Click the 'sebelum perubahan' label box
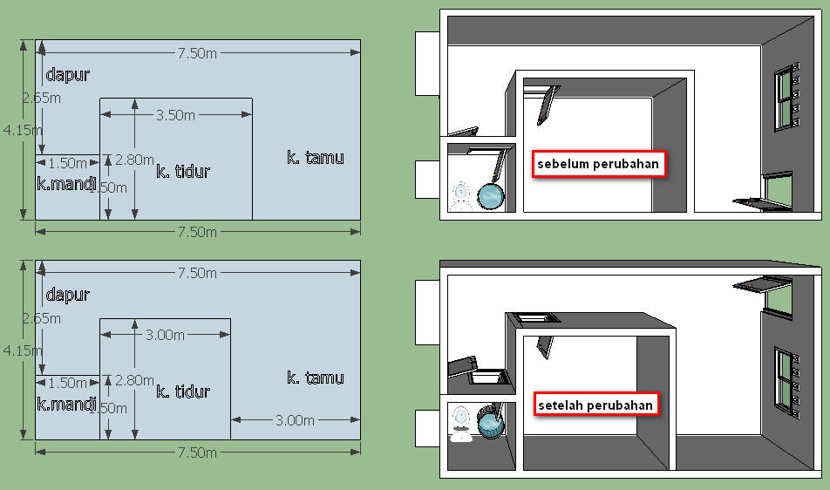(599, 163)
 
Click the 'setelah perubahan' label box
(595, 405)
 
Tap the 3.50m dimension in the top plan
(175, 115)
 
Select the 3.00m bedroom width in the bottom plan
(165, 335)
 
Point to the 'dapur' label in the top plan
(68, 75)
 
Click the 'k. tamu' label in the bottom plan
(316, 378)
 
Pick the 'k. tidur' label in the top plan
(183, 171)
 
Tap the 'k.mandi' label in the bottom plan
(66, 404)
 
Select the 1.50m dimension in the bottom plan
(67, 383)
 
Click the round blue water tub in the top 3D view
(491, 196)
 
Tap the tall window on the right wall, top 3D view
(788, 96)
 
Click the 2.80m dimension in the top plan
(134, 160)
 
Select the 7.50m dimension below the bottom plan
(197, 453)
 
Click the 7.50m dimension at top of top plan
(197, 53)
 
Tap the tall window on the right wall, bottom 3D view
(786, 379)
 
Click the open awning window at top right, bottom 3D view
(760, 283)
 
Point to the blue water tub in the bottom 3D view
(491, 423)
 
